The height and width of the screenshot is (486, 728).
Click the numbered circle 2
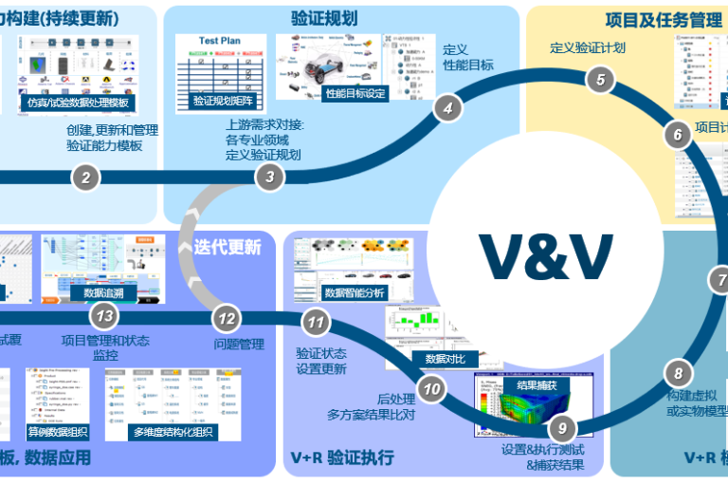(x=85, y=177)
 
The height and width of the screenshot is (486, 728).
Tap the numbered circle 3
(x=270, y=176)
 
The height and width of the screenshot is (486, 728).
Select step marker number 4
(x=447, y=108)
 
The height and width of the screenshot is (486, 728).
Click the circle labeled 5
(x=599, y=80)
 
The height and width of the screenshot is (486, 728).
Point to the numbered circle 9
(x=561, y=428)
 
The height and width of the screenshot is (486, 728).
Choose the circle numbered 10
(x=432, y=387)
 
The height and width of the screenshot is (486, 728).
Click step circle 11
(x=316, y=323)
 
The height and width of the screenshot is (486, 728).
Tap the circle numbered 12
(x=226, y=319)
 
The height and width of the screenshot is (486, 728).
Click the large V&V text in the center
(x=545, y=254)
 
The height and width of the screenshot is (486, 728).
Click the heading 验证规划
(x=323, y=17)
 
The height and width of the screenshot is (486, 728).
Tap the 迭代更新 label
(x=227, y=247)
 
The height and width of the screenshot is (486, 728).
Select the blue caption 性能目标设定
(x=356, y=93)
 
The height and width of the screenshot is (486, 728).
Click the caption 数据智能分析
(x=355, y=292)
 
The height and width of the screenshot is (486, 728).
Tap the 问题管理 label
(x=239, y=344)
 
